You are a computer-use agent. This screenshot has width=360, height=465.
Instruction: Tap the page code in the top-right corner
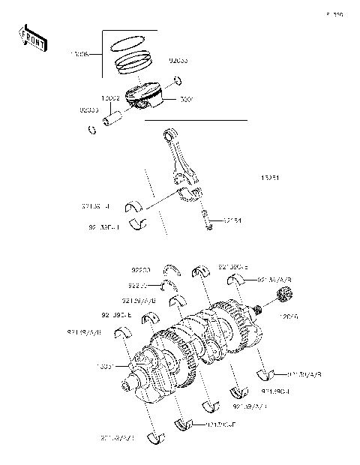coord(334,14)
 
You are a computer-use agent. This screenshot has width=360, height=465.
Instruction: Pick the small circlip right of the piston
coord(178,81)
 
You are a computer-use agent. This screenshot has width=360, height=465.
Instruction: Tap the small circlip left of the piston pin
coord(93,131)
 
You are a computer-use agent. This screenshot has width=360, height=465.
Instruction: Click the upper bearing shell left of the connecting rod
coord(137,205)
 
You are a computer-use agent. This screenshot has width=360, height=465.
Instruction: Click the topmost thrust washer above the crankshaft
coord(173,270)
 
